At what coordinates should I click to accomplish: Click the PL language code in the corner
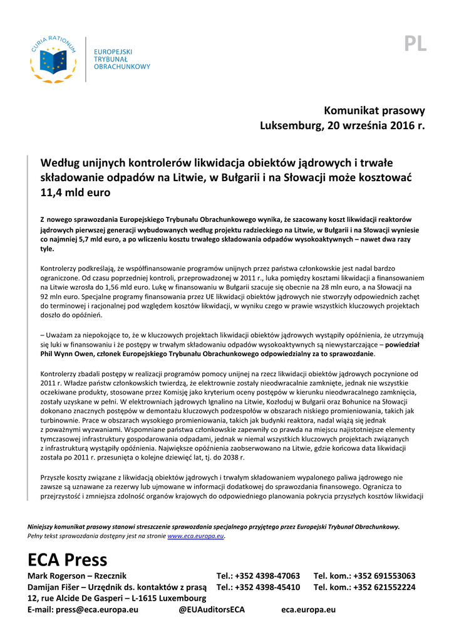415,43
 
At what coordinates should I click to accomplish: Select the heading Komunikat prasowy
374,110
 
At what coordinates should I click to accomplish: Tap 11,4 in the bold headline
54,192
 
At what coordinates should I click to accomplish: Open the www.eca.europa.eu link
195,537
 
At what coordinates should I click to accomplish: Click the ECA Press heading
68,559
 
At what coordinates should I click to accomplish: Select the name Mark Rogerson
56,576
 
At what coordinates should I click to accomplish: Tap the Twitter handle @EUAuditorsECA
212,609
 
